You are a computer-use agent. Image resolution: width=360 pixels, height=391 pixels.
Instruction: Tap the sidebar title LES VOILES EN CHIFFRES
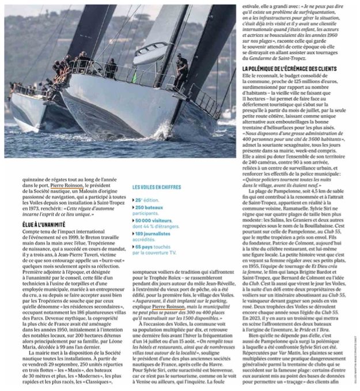coord(157,187)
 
